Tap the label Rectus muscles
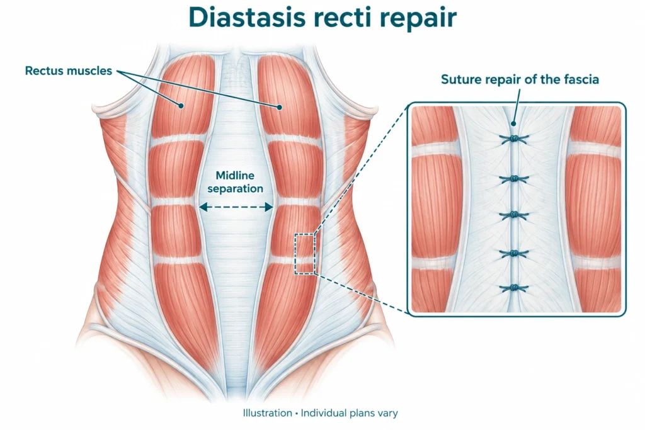68,71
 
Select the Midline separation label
236,182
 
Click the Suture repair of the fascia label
520,79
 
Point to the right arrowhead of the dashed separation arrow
269,207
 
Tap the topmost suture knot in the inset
514,139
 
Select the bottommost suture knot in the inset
514,288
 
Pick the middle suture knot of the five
514,215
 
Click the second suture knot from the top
514,179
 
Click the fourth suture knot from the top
514,254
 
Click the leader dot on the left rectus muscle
180,106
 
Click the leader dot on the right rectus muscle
279,107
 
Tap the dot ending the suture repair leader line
513,123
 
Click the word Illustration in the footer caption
267,413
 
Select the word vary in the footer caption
389,413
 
